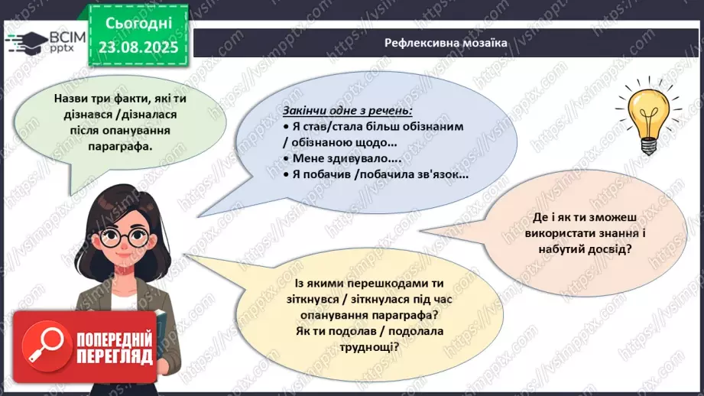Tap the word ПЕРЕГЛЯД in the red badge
pos(114,357)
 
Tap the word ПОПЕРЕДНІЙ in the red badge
pos(114,340)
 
